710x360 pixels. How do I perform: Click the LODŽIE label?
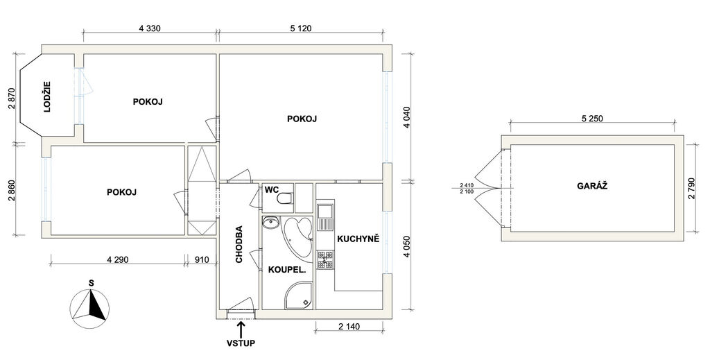pos(47,96)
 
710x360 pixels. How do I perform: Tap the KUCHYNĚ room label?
pos(358,239)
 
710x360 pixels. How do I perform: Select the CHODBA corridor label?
pos(239,244)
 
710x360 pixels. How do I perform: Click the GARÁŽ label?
pos(592,186)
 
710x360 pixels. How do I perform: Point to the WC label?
pos(271,189)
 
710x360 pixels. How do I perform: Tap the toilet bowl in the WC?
pos(285,198)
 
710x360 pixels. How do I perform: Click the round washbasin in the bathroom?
pos(271,223)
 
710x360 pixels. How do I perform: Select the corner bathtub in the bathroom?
pos(297,239)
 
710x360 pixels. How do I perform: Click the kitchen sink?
pos(325,217)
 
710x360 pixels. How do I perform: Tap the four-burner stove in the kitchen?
pos(325,259)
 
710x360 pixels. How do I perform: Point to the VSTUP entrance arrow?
pos(241,328)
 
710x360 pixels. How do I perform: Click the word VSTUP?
pos(241,343)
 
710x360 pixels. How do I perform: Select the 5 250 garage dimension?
pos(592,119)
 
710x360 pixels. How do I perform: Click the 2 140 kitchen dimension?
pos(349,326)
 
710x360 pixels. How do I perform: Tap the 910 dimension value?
pos(202,260)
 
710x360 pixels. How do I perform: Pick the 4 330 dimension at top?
pos(150,28)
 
